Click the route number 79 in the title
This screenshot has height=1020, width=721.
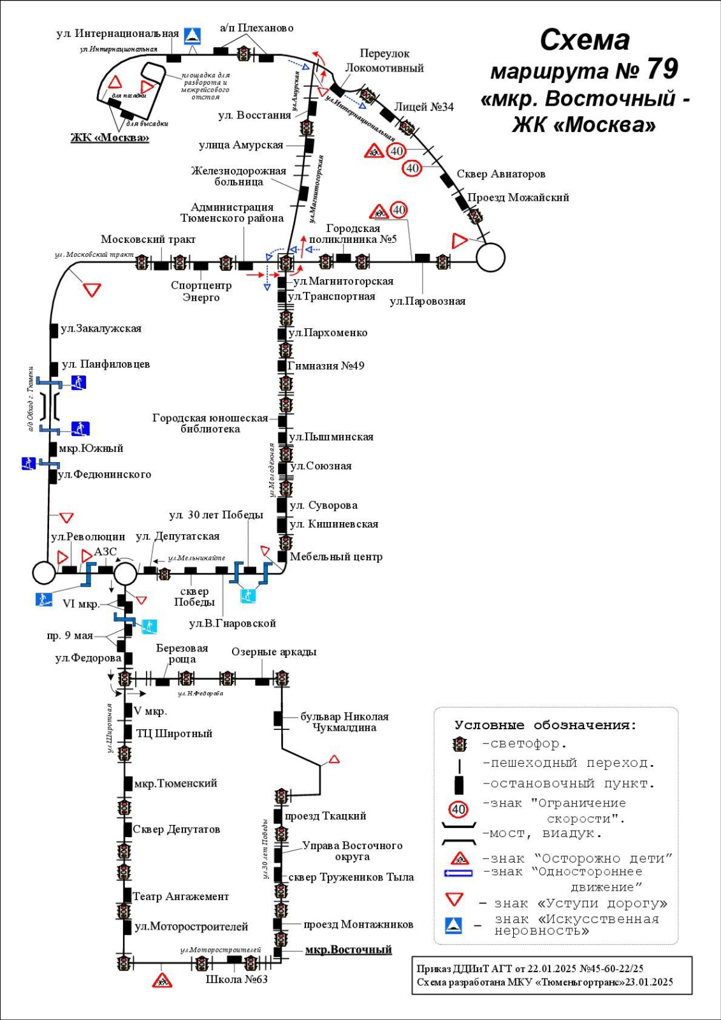coord(662,69)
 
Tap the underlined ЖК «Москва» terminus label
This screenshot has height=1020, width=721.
coord(110,138)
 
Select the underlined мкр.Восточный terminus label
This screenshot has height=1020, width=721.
coord(348,950)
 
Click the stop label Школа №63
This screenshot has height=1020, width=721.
coord(237,979)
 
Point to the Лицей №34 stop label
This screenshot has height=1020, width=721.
coord(424,107)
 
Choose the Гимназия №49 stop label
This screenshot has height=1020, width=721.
coord(326,366)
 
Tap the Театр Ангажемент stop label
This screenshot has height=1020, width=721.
coord(180,896)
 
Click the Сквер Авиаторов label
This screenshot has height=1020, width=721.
coord(501,174)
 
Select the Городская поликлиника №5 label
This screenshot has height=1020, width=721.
coord(353,234)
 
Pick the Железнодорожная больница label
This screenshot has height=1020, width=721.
coord(238,177)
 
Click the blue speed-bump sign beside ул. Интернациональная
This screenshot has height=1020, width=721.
coord(193,36)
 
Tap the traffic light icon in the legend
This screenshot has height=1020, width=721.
coord(459,744)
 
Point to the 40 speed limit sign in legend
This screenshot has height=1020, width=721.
coord(458,810)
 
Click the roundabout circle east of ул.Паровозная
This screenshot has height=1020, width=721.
coord(491,258)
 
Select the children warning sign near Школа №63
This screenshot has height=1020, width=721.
coord(163,980)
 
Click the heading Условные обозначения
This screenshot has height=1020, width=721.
coord(545,725)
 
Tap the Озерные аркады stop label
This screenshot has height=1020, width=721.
coord(273,652)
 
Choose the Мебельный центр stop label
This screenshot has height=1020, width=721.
coord(336,557)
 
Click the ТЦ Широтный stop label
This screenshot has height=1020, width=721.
coord(174,734)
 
